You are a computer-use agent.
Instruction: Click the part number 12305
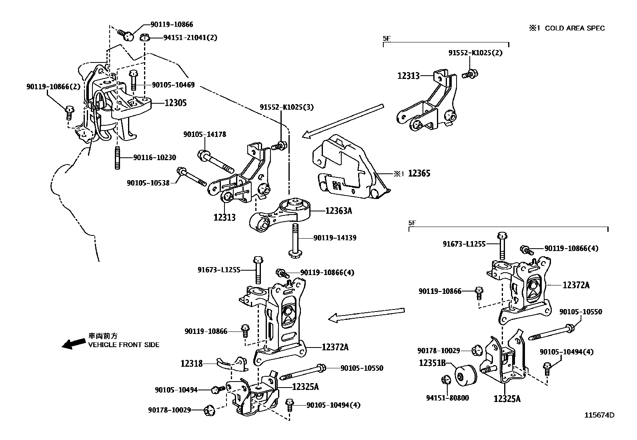tap(175, 103)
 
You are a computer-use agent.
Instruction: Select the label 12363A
tap(339, 211)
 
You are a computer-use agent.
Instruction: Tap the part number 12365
tap(419, 173)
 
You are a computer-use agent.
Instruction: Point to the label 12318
tap(192, 364)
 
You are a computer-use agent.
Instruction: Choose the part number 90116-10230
tap(154, 158)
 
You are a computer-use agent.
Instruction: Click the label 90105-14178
tap(205, 135)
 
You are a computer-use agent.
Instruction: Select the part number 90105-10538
tap(148, 183)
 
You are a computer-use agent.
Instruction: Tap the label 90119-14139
tap(335, 238)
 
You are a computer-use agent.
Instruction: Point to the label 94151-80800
tap(447, 398)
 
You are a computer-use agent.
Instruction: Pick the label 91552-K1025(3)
tap(286, 107)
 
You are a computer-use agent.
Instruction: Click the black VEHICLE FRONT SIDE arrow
tap(74, 343)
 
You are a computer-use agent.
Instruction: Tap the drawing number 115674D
tap(599, 415)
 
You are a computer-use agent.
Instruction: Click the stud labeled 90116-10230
tap(118, 158)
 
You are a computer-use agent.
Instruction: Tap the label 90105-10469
tap(173, 85)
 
